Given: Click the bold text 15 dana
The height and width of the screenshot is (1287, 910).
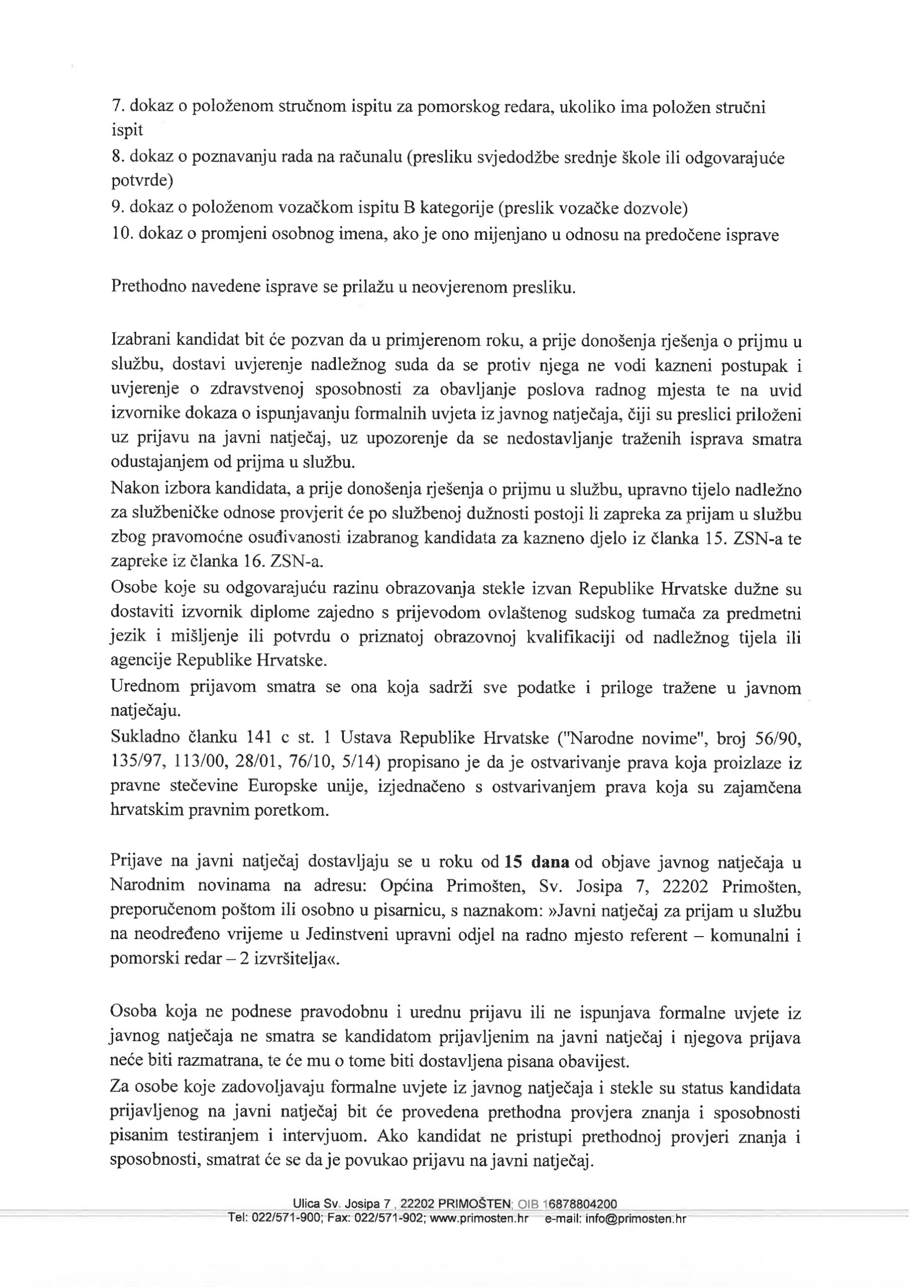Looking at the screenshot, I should [537, 862].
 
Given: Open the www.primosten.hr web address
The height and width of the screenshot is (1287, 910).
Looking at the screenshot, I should [478, 1218].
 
